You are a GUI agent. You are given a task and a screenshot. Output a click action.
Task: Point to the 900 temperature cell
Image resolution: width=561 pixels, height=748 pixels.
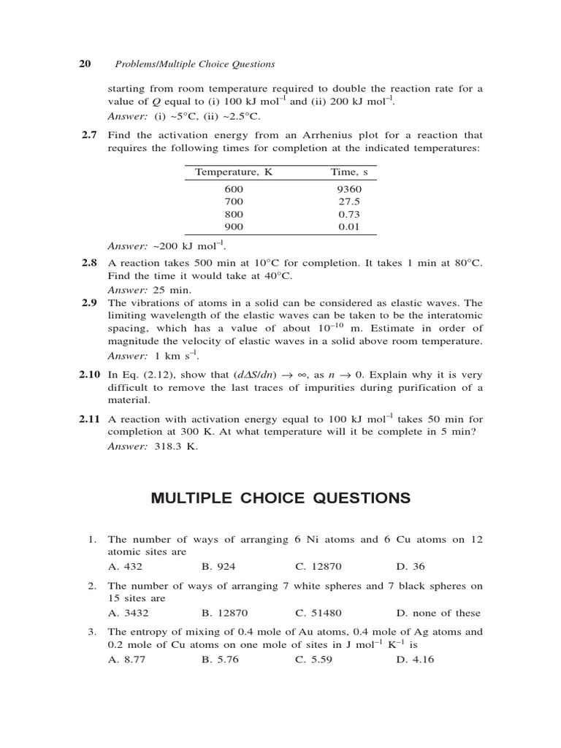[x=234, y=226]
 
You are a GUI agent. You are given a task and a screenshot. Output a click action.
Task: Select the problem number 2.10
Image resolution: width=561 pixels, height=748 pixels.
[x=88, y=375]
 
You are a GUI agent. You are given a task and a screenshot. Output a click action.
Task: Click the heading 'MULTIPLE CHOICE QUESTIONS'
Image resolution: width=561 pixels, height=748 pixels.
[x=280, y=498]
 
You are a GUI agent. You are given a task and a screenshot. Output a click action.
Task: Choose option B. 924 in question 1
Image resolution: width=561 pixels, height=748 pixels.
[x=218, y=566]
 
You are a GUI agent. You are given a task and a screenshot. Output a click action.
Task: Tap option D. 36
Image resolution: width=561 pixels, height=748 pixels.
[x=411, y=566]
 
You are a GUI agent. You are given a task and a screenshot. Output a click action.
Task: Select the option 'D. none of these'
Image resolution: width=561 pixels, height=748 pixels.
[x=438, y=613]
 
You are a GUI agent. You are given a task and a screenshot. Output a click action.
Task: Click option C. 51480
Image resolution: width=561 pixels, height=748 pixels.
[x=318, y=613]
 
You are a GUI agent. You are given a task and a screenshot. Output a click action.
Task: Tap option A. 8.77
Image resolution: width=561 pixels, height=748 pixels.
[x=125, y=659]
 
